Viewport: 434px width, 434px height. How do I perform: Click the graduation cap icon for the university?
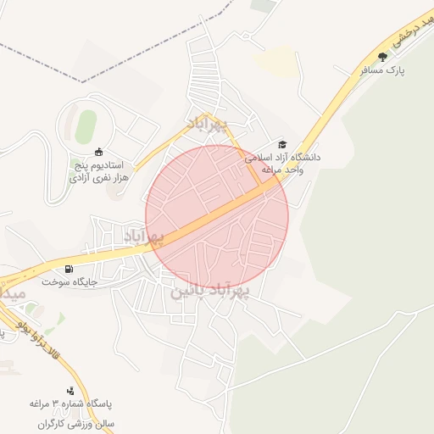(x=283, y=144)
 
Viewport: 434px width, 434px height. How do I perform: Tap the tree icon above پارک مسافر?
(x=382, y=57)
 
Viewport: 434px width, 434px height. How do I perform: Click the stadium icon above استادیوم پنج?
(x=98, y=151)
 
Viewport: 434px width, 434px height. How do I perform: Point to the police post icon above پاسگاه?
(x=70, y=391)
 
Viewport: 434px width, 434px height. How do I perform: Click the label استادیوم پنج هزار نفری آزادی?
(x=96, y=171)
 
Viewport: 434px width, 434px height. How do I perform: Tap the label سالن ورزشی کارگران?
(x=75, y=422)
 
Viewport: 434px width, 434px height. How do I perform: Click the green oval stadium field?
(x=85, y=127)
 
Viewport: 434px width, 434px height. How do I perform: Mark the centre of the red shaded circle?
(x=217, y=217)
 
